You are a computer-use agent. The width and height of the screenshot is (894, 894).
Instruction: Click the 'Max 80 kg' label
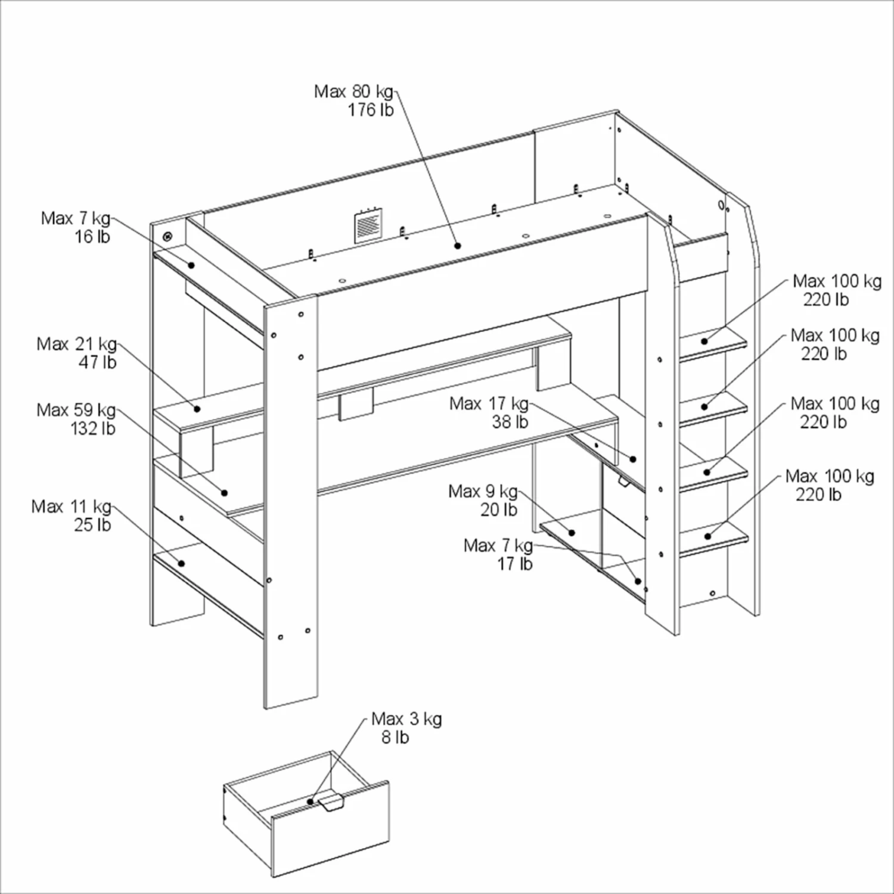coord(353,92)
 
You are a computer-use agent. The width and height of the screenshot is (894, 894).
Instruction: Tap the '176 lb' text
coord(371,110)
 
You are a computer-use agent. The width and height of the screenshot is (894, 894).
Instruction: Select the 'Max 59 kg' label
coord(76,410)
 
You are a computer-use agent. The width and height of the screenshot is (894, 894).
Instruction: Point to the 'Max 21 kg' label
coord(76,344)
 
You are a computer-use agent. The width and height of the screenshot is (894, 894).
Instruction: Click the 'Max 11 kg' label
coord(71,507)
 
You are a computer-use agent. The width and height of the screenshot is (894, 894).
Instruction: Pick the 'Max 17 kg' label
coord(489,404)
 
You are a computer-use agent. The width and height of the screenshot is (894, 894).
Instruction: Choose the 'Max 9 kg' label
coord(483,492)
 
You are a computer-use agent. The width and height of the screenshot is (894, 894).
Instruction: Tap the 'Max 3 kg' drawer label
coord(406,719)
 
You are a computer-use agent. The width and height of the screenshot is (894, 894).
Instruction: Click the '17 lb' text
coord(515,564)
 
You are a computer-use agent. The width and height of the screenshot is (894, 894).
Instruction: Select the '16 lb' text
coord(92,237)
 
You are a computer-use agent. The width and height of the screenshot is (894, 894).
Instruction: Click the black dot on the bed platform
coord(458,246)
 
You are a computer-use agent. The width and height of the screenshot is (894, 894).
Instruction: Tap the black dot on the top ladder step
coord(704,342)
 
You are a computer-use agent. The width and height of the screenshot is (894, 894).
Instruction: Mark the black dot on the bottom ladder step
coord(707,536)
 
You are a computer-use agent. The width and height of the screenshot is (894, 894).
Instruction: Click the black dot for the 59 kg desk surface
coord(225,493)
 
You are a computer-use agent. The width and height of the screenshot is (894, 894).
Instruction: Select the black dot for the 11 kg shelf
coord(181,563)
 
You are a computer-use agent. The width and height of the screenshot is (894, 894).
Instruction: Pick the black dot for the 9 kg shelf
coord(571,533)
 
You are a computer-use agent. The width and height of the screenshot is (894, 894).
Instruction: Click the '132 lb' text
coord(93,429)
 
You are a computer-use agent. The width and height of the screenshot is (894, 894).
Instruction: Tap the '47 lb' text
coord(97,362)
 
